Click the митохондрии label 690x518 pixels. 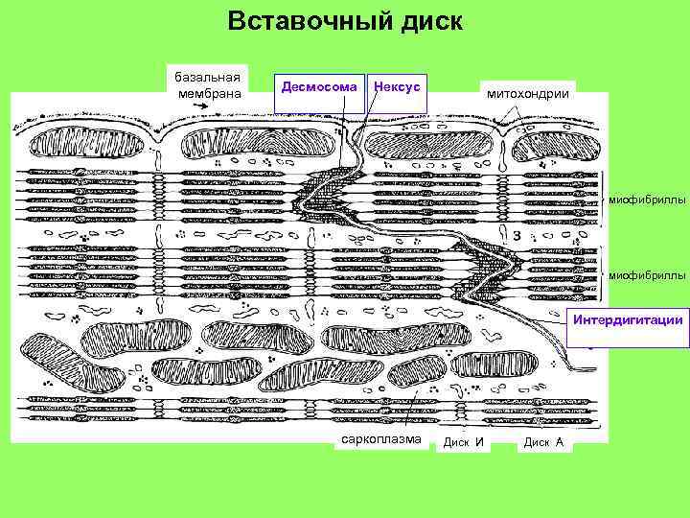(x=528, y=94)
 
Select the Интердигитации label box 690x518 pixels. (x=628, y=319)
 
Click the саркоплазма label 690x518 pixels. (x=381, y=440)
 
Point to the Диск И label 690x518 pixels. (x=466, y=442)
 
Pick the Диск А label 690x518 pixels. (x=543, y=442)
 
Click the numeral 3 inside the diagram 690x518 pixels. (x=517, y=234)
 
